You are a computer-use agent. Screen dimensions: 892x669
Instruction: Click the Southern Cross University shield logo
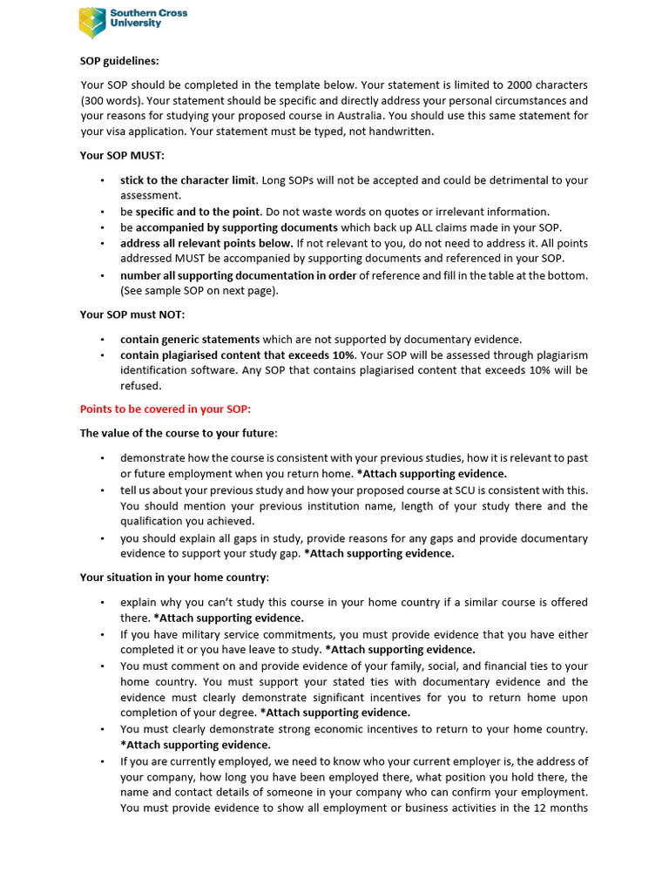click(x=92, y=23)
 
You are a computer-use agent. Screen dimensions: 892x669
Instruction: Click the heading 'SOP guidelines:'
click(x=119, y=61)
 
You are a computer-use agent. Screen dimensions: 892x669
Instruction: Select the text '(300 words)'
click(x=109, y=100)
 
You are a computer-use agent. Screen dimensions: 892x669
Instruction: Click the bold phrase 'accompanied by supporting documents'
click(x=236, y=227)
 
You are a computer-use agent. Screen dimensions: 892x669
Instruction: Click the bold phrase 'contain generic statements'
click(x=190, y=339)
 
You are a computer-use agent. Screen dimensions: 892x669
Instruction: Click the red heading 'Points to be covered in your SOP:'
click(x=165, y=409)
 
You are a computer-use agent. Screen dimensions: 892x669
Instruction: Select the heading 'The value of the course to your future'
click(x=178, y=433)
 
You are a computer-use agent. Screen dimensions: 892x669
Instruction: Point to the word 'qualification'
click(x=152, y=522)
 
